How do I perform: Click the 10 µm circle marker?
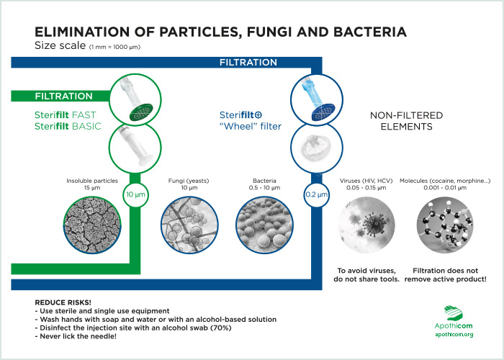click(135, 194)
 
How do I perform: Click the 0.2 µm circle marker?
click(317, 194)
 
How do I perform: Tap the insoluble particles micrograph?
click(92, 225)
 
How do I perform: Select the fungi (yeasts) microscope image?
click(189, 225)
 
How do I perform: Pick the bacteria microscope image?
click(264, 225)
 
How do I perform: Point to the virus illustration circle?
click(366, 225)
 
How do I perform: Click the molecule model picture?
click(445, 225)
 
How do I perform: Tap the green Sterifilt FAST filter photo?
click(135, 99)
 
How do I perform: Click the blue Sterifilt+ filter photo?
click(317, 99)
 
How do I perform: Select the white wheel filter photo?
click(317, 148)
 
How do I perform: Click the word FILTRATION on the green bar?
click(63, 96)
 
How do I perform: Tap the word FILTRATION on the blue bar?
click(248, 62)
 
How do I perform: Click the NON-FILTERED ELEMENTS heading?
click(406, 121)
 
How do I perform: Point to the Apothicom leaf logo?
click(454, 312)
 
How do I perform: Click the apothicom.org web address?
click(454, 335)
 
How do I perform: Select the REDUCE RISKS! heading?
click(63, 302)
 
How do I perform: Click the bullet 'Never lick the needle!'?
click(76, 336)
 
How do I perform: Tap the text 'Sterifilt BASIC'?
click(68, 126)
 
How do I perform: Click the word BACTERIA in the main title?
click(370, 32)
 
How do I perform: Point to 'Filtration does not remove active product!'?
click(446, 275)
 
